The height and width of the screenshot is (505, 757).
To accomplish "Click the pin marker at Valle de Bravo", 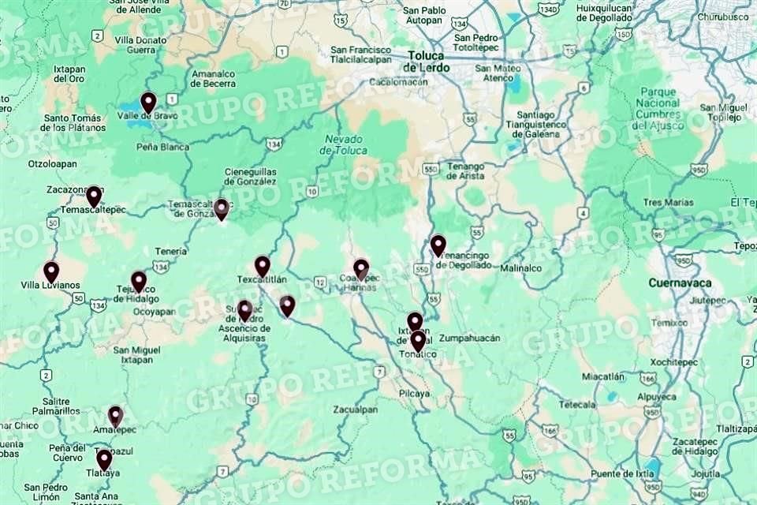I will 148,103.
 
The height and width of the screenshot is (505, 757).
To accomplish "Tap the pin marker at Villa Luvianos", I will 51,271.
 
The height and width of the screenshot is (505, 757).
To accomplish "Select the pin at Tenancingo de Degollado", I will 438,245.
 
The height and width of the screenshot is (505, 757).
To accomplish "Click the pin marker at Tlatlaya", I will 104,459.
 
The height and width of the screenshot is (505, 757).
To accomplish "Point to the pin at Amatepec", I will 115,416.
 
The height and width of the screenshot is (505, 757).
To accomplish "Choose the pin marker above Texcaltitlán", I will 263,266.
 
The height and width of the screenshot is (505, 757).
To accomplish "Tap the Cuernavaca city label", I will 680,282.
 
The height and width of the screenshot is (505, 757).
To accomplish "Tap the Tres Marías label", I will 668,202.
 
